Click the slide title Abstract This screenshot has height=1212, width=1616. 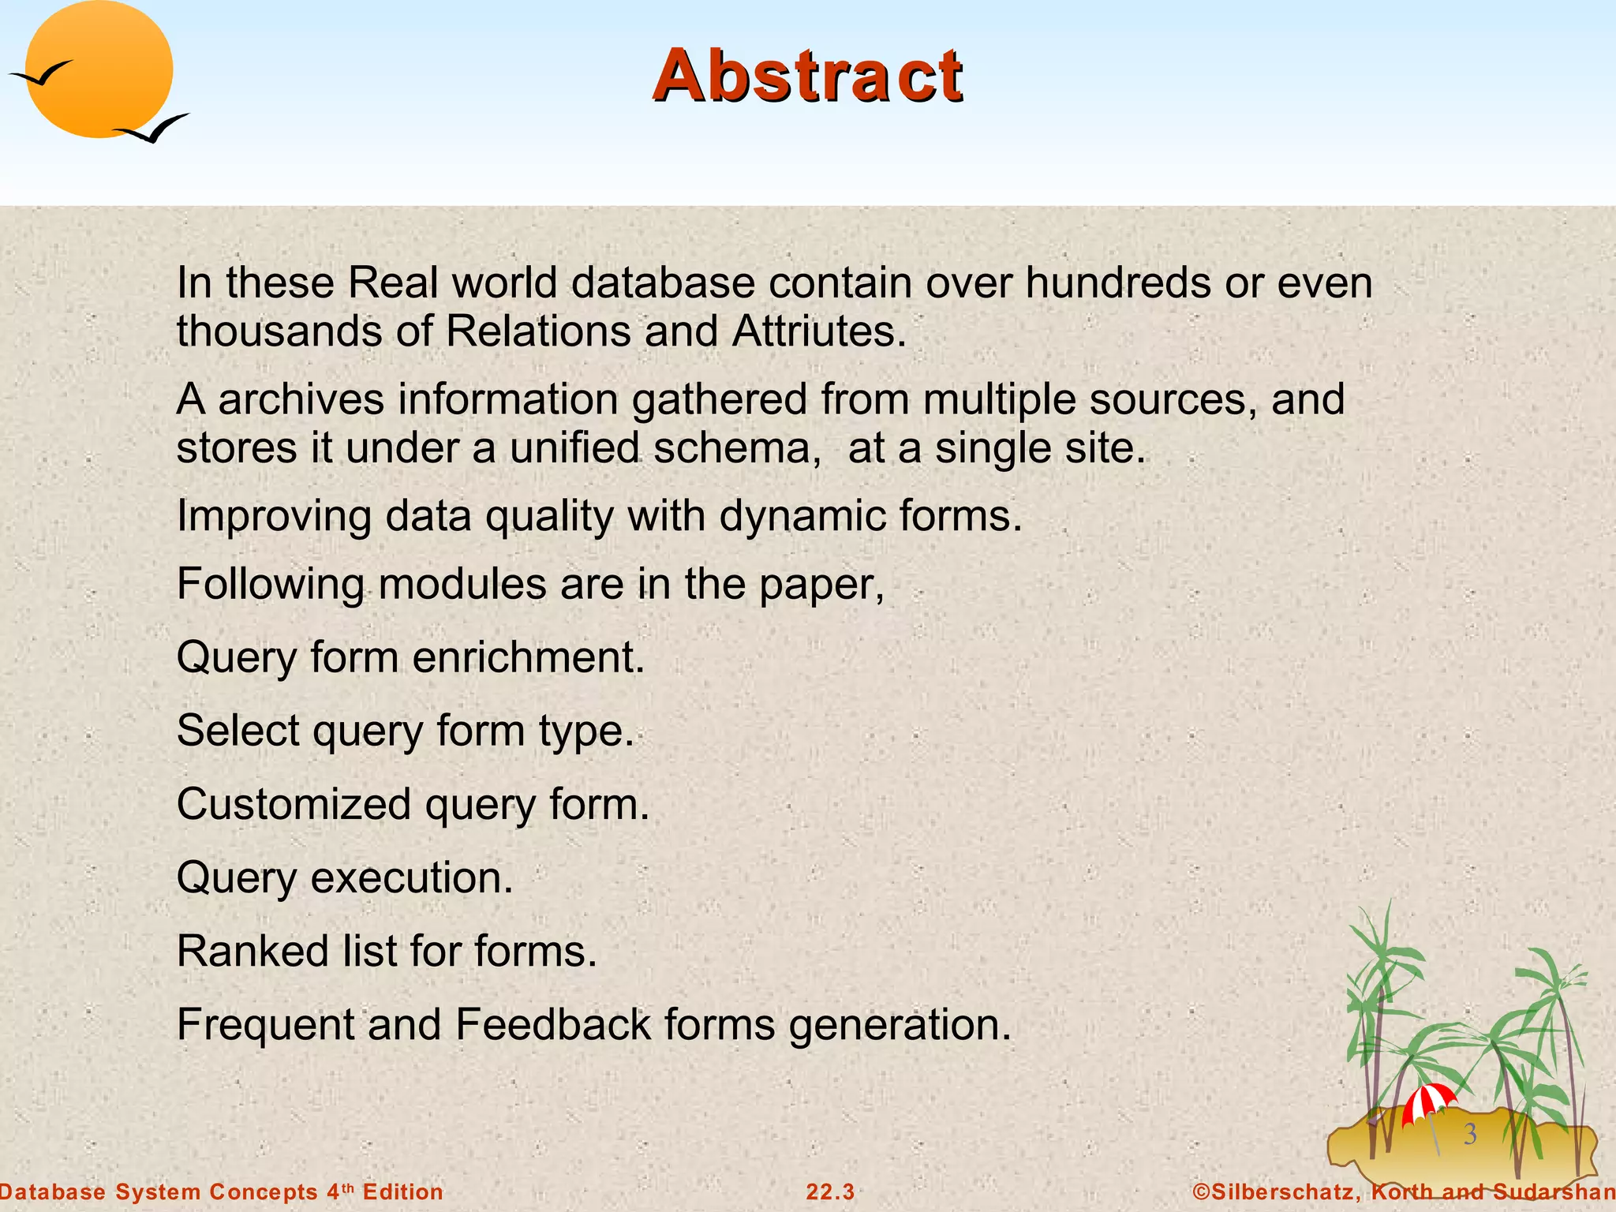tap(807, 76)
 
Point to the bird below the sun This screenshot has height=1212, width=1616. tap(154, 129)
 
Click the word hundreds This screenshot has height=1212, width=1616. tap(1117, 282)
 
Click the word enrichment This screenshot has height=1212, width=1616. tap(529, 657)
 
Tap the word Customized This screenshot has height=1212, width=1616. tap(294, 805)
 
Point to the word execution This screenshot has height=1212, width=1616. tap(412, 877)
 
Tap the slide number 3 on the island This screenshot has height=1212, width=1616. tap(1470, 1134)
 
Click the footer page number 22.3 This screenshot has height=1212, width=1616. tap(830, 1191)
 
